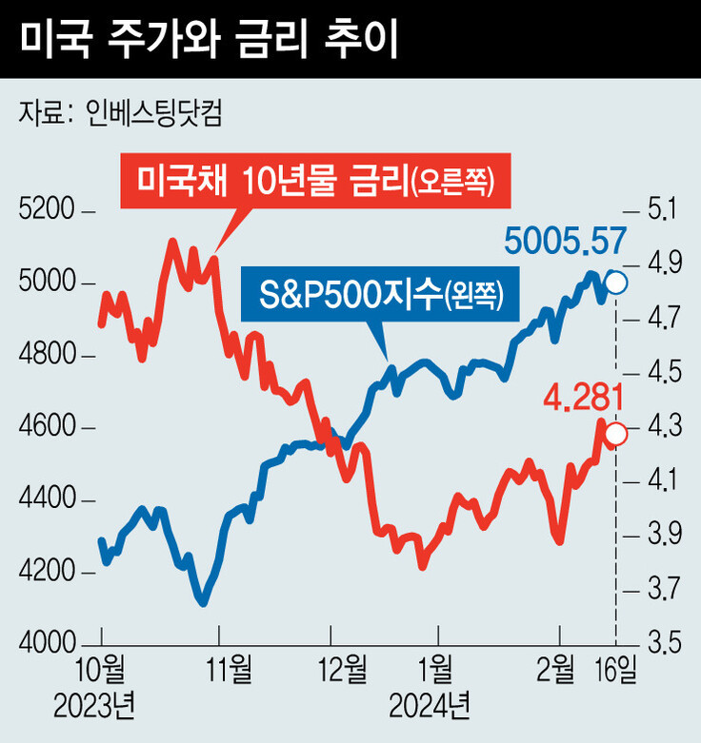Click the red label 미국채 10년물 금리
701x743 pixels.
(315, 181)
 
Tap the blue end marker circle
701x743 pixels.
(616, 283)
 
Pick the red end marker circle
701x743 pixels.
(616, 435)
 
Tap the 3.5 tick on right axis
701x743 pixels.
(663, 643)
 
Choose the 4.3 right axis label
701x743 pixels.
(663, 427)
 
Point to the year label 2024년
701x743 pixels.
(430, 707)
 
